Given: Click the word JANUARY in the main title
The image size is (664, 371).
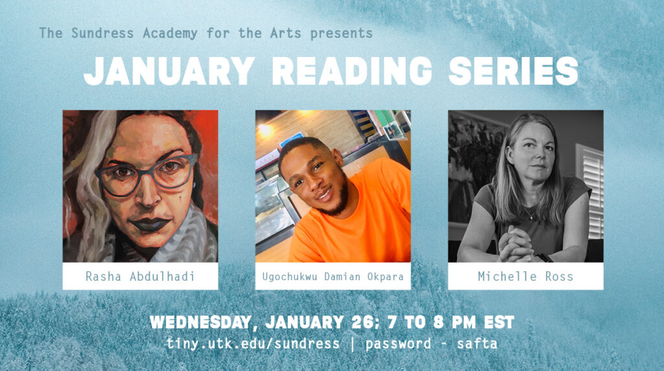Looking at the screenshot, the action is (x=169, y=71).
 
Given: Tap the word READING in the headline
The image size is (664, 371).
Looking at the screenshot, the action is (x=351, y=71).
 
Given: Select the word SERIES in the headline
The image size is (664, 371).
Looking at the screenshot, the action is (x=514, y=71).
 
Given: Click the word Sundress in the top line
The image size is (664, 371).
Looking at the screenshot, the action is (x=102, y=33).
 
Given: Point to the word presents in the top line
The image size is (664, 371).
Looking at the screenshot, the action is (x=341, y=34).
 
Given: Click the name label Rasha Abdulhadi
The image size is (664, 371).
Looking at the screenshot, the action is (x=140, y=276).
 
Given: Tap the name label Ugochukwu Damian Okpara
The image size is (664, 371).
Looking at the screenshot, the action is (x=333, y=277).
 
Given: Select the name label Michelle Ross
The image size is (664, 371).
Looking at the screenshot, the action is (x=525, y=276).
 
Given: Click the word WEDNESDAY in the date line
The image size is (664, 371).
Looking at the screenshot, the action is (x=201, y=323).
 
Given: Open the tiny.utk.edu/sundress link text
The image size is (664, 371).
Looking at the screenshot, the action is (x=253, y=344).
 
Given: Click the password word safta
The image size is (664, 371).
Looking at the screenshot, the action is (x=477, y=344).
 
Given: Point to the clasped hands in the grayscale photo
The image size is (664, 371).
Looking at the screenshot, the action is (x=514, y=245).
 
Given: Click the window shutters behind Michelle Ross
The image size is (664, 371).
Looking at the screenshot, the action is (x=591, y=191).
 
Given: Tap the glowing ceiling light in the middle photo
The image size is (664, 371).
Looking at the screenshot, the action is (x=265, y=130).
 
